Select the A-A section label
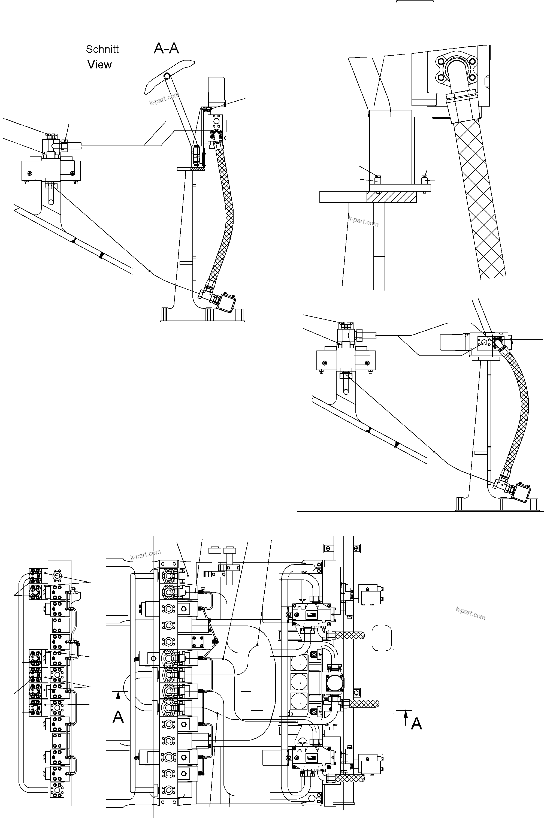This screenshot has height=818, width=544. coord(166,48)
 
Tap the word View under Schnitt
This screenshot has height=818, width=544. coord(99,65)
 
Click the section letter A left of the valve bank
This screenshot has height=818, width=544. coord(118,717)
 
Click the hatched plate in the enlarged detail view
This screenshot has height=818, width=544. coord(391,197)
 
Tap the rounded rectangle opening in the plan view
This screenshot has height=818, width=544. coord(381,638)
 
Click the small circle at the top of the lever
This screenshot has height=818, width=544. coord(167,76)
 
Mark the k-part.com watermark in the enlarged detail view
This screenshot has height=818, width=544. coord(363,221)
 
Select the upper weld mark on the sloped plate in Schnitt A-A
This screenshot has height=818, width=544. coord(73,240)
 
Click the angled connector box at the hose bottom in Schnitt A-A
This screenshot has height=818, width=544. coord(228,302)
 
